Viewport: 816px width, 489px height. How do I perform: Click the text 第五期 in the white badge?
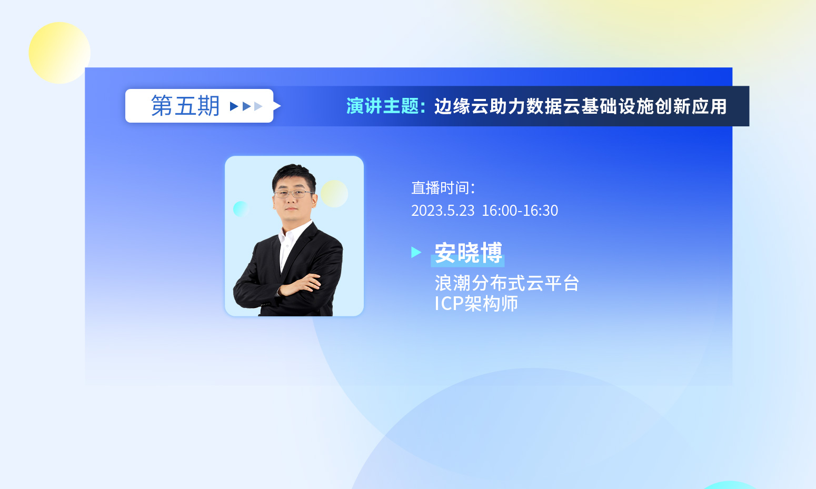coord(185,106)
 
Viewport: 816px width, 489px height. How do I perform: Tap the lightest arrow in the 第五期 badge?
coord(258,106)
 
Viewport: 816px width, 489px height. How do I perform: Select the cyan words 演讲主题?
coord(382,106)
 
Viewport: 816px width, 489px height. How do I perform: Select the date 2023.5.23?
coord(443,211)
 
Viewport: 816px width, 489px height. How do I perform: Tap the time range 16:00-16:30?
coord(520,211)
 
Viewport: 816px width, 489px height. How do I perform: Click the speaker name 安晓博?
coord(469,252)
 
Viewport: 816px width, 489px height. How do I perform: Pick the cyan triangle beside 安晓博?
coord(416,252)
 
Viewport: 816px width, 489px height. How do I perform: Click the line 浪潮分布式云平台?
coord(507,283)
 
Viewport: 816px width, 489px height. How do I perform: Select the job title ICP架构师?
coord(476,303)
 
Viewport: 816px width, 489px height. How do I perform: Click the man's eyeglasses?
coord(293,194)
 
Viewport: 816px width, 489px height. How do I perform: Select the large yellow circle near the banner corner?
coord(59,53)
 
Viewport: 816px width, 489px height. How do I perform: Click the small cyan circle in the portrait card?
coord(241,209)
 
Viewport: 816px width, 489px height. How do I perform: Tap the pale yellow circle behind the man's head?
coord(334,194)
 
